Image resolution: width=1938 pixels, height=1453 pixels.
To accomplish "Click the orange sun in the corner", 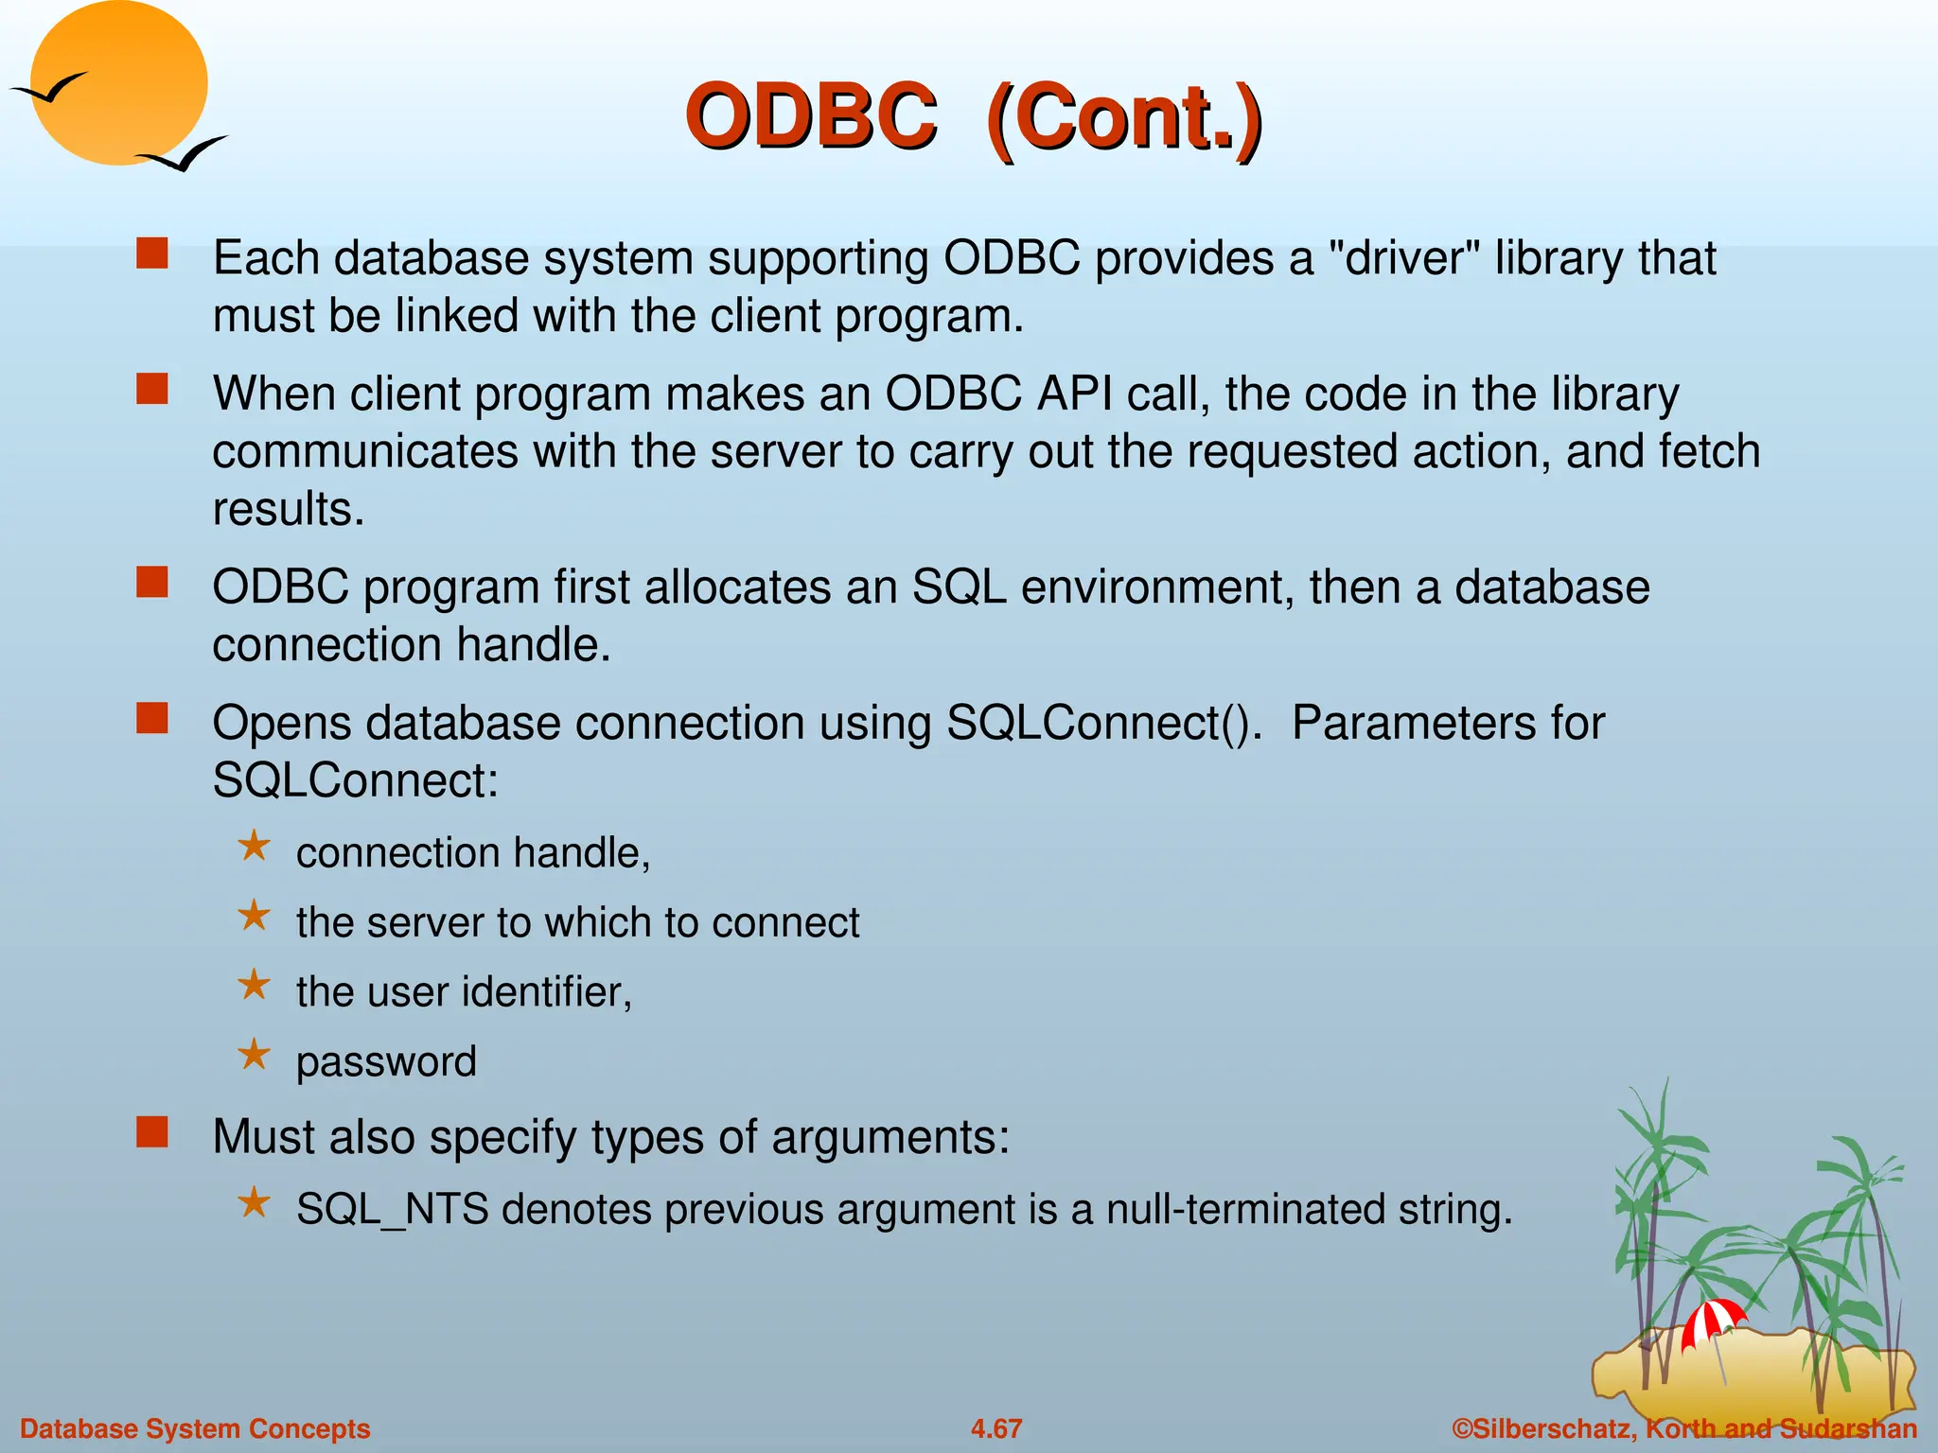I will (x=118, y=80).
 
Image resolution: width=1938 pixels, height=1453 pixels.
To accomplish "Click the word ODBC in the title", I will (x=812, y=117).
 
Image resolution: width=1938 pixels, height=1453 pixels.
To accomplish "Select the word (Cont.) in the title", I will (x=1123, y=119).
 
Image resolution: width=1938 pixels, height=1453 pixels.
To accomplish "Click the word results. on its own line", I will (x=289, y=510).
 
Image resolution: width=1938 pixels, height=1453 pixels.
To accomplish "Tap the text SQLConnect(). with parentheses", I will (x=1104, y=724).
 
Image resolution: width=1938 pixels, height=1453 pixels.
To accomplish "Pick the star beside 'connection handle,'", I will (x=254, y=846).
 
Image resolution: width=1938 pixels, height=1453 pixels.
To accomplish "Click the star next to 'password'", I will (x=254, y=1054).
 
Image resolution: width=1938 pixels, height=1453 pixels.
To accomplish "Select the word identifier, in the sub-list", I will (x=547, y=992).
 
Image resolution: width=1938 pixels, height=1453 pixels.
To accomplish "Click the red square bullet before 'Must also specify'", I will (x=152, y=1132).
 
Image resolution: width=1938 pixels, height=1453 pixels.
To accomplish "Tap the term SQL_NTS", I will (x=392, y=1210).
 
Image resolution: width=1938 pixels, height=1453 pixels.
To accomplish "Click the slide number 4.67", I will (x=996, y=1428).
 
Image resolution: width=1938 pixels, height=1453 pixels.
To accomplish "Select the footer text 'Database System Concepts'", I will (x=195, y=1428).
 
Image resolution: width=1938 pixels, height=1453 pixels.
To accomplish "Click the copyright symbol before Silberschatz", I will (x=1463, y=1428).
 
